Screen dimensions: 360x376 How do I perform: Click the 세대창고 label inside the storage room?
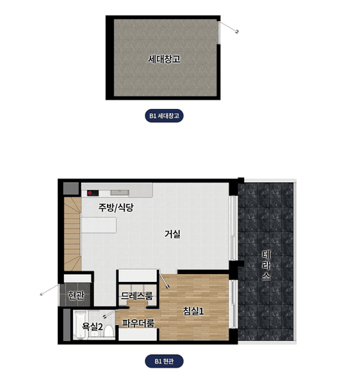pos(164,59)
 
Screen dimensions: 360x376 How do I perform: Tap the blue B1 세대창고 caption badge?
pos(165,116)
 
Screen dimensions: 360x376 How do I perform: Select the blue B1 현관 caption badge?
pos(165,361)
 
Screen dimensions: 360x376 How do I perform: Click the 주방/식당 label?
pos(116,207)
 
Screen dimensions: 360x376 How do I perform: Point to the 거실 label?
pos(172,234)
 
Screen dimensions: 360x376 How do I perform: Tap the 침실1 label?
pos(193,311)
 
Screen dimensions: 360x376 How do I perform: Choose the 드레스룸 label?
pos(136,296)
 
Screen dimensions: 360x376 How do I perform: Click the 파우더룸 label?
pos(138,323)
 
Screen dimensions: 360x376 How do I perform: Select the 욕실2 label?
pos(92,326)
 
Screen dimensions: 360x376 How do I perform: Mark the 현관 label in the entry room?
pos(76,295)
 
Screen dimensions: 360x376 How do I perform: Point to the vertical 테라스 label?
pos(266,266)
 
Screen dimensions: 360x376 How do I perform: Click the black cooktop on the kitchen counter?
pos(93,193)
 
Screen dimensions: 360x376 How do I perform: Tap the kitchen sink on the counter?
pos(120,193)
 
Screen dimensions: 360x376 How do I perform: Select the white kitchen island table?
pos(99,225)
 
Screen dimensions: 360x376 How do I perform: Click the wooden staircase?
pos(72,234)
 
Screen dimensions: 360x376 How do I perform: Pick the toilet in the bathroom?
pos(109,331)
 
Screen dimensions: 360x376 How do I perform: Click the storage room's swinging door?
pos(229,27)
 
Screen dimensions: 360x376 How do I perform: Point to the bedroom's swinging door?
pos(165,280)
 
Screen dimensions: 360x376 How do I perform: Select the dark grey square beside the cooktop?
pos(71,188)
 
